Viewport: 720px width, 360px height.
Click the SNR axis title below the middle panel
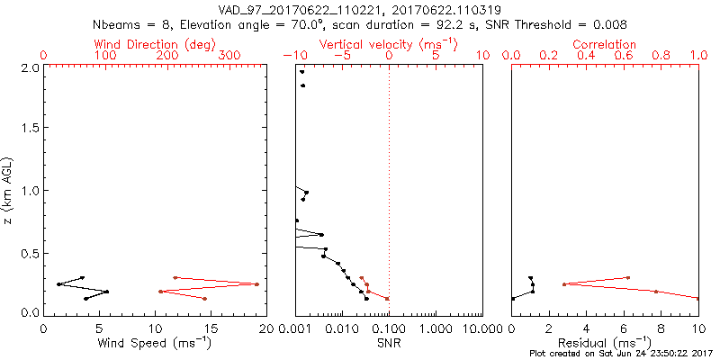388,342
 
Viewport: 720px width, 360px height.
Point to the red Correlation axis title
605,44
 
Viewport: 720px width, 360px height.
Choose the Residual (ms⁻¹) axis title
605,342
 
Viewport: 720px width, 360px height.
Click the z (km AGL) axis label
8,190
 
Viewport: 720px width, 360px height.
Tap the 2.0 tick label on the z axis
29,67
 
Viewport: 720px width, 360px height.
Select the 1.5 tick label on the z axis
29,129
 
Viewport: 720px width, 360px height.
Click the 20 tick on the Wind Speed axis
265,329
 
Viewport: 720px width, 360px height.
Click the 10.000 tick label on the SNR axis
481,329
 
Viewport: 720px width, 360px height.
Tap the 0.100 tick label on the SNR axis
389,329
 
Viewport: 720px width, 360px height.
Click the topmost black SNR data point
301,72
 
